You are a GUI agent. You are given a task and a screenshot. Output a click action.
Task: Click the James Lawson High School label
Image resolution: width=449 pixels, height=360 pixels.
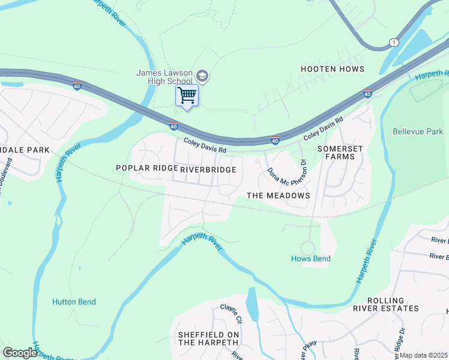pos(164,77)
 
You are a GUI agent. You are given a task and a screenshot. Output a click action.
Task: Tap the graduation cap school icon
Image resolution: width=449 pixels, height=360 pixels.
pos(202,76)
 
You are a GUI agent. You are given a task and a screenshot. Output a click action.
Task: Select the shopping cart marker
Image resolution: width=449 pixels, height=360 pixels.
pos(187,95)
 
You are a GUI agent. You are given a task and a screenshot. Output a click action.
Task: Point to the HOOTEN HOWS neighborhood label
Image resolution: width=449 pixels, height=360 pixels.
pos(333,69)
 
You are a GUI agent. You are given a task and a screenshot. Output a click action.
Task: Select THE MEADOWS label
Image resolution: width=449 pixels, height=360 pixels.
pos(279,196)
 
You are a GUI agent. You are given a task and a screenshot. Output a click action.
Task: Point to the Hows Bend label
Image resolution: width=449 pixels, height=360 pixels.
pos(311,259)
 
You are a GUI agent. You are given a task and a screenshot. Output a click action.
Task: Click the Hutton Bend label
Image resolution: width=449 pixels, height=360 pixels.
pos(74,302)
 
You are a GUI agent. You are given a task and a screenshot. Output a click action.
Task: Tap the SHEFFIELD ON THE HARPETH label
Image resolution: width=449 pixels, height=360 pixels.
pos(208,338)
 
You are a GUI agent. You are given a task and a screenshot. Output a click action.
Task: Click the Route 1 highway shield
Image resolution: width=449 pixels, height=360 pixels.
pos(393,42)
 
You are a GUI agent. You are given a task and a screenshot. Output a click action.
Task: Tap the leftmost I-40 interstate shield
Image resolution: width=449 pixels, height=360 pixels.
pos(77,86)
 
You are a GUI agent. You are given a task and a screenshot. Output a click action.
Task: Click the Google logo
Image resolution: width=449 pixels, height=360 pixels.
pos(20,353)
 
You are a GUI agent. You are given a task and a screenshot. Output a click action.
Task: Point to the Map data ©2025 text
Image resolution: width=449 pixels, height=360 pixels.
pos(423,355)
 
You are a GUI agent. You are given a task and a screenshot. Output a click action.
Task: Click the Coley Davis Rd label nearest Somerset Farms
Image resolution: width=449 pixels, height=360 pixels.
pos(323,128)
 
